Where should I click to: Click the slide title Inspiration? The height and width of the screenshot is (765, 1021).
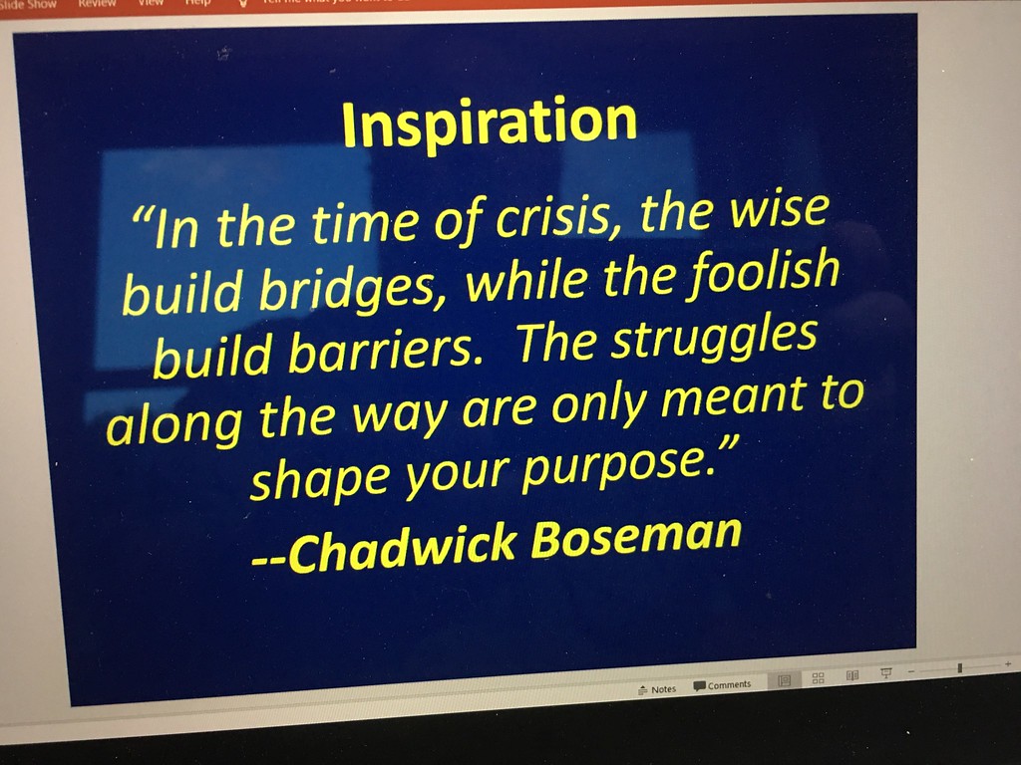coord(489,124)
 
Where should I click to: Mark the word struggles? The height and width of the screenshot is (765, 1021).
coord(714,340)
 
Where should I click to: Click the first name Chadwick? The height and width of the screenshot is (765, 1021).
coord(402,549)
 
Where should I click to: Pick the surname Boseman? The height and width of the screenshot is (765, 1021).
coord(636,537)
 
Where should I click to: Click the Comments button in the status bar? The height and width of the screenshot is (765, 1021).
coord(722,685)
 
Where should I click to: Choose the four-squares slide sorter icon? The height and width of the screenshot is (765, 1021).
coord(819,677)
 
